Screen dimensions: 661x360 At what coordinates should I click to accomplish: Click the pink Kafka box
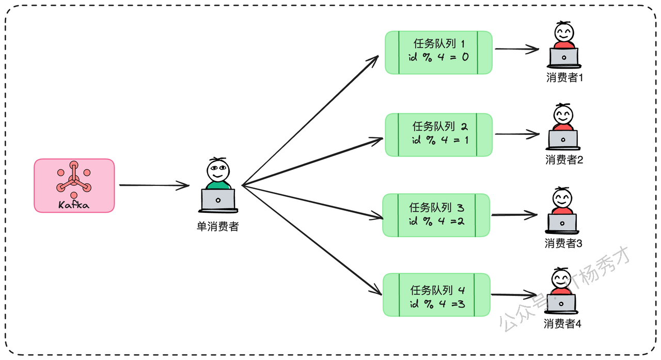[x=74, y=185]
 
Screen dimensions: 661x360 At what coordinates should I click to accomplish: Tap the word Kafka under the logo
[x=74, y=205]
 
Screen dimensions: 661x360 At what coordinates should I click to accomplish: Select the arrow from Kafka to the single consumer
[x=154, y=185]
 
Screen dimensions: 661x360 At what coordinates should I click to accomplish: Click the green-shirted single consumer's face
[x=218, y=170]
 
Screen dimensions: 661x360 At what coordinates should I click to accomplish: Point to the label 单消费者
[x=218, y=227]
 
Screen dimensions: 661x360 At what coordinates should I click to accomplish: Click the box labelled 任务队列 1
[x=438, y=53]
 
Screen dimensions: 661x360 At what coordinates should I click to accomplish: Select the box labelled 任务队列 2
[x=439, y=135]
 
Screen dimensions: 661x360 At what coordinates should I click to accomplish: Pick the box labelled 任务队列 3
[x=436, y=215]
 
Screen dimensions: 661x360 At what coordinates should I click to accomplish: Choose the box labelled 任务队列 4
[x=437, y=295]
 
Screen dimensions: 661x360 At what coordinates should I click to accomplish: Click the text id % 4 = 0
[x=438, y=57]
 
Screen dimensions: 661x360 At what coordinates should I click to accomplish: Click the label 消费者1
[x=564, y=77]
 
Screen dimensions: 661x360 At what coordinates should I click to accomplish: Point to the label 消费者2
[x=564, y=160]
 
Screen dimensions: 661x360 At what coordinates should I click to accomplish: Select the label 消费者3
[x=563, y=243]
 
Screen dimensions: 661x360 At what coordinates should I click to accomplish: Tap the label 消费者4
[x=562, y=324]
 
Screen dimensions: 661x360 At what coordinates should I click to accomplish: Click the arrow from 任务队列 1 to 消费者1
[x=517, y=49]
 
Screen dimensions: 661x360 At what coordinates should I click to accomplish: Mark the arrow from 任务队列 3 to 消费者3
[x=514, y=215]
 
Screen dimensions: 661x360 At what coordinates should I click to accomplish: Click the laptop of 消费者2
[x=563, y=140]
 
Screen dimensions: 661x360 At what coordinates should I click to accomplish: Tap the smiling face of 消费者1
[x=564, y=33]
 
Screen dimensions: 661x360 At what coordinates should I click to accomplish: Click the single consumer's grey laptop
[x=218, y=200]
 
